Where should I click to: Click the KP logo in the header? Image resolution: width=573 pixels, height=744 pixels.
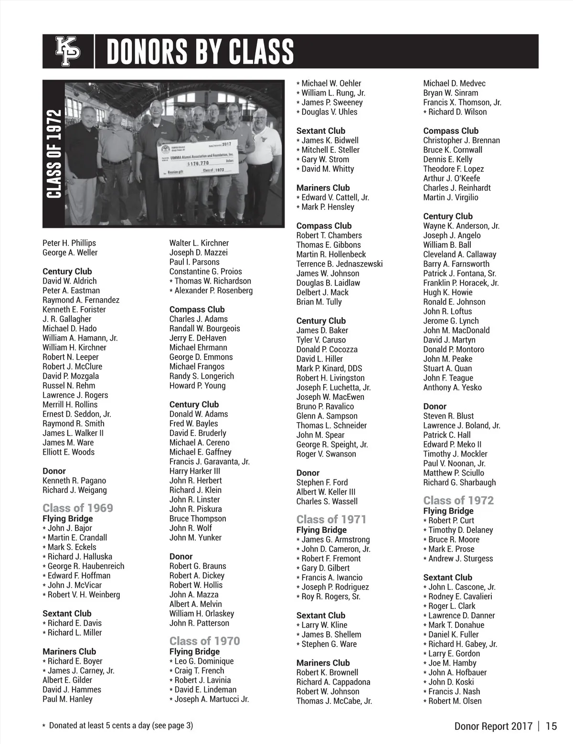pyautogui.click(x=68, y=51)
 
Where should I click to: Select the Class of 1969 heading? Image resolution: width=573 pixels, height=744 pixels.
pyautogui.click(x=77, y=508)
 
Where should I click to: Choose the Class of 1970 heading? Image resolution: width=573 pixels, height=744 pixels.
pyautogui.click(x=204, y=641)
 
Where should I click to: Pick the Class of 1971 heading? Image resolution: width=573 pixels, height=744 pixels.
pyautogui.click(x=331, y=519)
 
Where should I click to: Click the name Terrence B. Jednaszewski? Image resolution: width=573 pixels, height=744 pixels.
pyautogui.click(x=339, y=264)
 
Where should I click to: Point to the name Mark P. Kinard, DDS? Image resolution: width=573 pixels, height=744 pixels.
pyautogui.click(x=329, y=369)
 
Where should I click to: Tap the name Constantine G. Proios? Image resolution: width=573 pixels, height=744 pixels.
pyautogui.click(x=205, y=272)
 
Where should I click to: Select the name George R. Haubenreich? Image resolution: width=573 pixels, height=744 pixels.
pyautogui.click(x=85, y=566)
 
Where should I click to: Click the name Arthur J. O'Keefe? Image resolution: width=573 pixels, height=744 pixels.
pyautogui.click(x=451, y=179)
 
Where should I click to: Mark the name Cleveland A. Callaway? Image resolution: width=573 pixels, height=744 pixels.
pyautogui.click(x=459, y=255)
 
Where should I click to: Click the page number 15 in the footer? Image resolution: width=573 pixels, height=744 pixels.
pyautogui.click(x=551, y=726)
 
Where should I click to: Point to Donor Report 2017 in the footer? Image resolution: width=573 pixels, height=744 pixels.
pyautogui.click(x=493, y=726)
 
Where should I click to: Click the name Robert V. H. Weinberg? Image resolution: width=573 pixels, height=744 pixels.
pyautogui.click(x=84, y=595)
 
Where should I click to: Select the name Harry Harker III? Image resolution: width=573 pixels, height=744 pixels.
pyautogui.click(x=194, y=471)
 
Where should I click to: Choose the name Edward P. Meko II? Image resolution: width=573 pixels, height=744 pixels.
pyautogui.click(x=452, y=445)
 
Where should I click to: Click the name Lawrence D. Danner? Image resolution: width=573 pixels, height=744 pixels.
pyautogui.click(x=461, y=616)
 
